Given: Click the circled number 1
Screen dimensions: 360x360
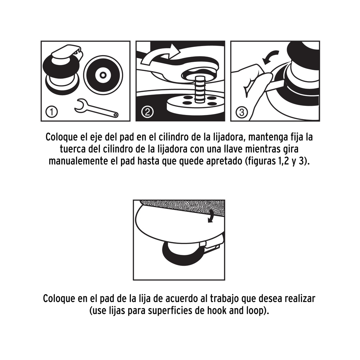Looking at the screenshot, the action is [52, 112].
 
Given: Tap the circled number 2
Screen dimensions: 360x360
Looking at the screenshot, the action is [147, 112].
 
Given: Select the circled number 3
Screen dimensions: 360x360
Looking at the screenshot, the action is [242, 112].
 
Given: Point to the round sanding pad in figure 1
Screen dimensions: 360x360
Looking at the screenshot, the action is [103, 75].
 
